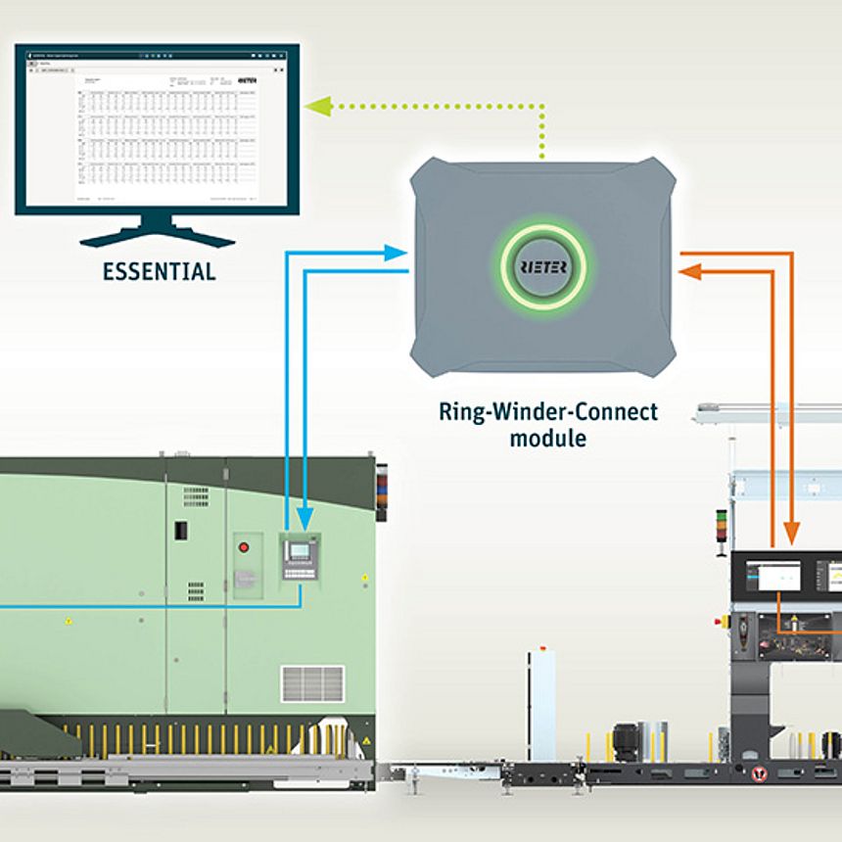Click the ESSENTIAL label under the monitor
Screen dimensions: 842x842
click(159, 271)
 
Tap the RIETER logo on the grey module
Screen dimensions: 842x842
click(542, 266)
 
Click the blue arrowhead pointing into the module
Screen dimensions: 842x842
click(397, 253)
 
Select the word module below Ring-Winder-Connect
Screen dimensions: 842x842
click(547, 438)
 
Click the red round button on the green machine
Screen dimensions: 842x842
click(245, 547)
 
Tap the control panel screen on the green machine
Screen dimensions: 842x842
click(299, 551)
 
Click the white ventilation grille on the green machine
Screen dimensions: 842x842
click(312, 683)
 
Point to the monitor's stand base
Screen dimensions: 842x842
click(157, 238)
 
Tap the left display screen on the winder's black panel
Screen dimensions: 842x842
click(772, 577)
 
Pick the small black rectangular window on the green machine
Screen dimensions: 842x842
click(180, 531)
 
